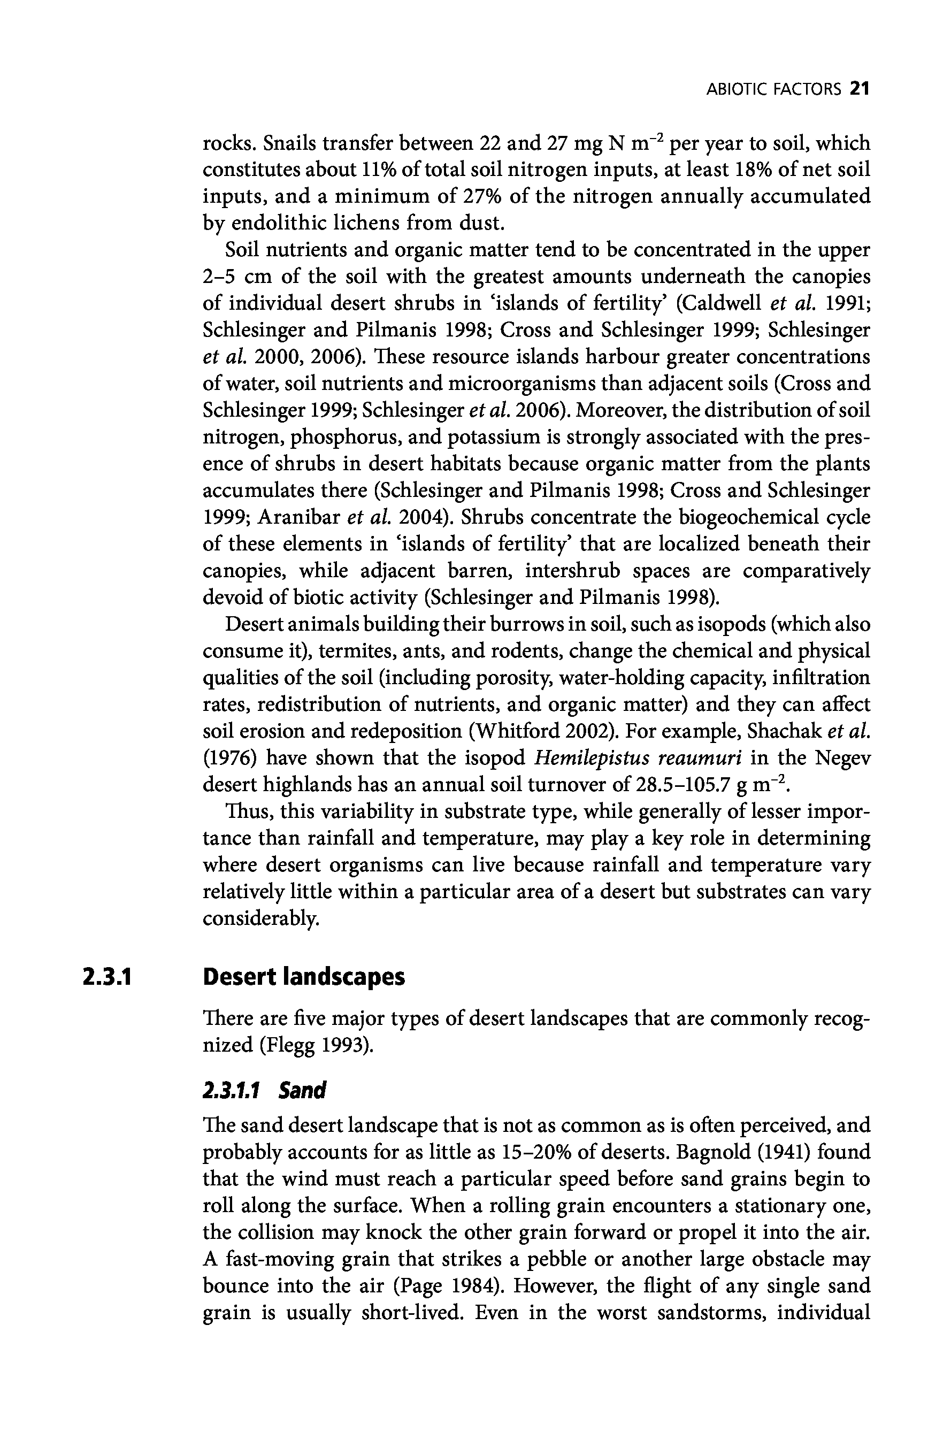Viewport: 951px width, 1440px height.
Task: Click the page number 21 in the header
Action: (x=860, y=89)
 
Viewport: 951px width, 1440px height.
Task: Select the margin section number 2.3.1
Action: (x=108, y=977)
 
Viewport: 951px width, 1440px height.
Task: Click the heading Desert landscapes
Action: (x=304, y=977)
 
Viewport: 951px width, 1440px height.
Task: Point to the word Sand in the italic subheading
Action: (x=302, y=1091)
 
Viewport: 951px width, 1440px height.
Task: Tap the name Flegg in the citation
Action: (x=289, y=1045)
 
